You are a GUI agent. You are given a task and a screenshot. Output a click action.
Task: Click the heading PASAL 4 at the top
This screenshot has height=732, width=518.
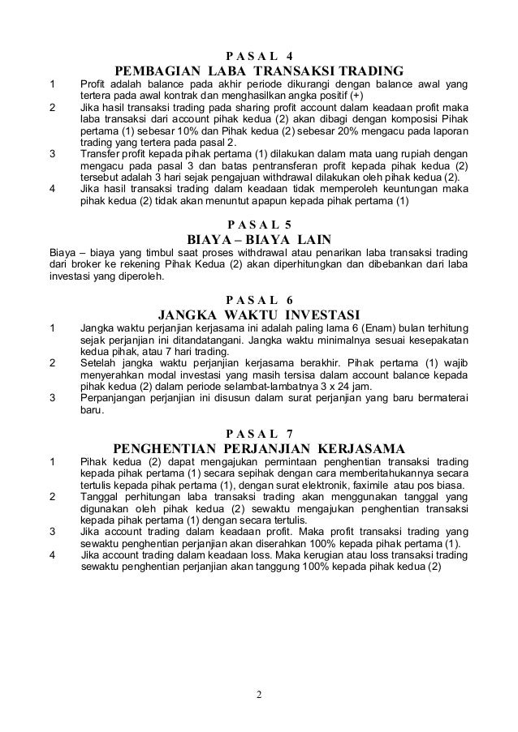259,55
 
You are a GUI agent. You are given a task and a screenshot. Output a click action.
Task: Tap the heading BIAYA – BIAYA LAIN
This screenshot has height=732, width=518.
259,239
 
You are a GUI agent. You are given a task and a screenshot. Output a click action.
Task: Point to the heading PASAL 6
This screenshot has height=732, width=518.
259,298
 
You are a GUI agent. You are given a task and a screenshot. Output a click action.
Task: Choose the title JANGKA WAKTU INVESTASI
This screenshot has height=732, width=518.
259,314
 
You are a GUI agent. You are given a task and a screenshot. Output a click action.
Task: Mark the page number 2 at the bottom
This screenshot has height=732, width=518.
259,694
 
